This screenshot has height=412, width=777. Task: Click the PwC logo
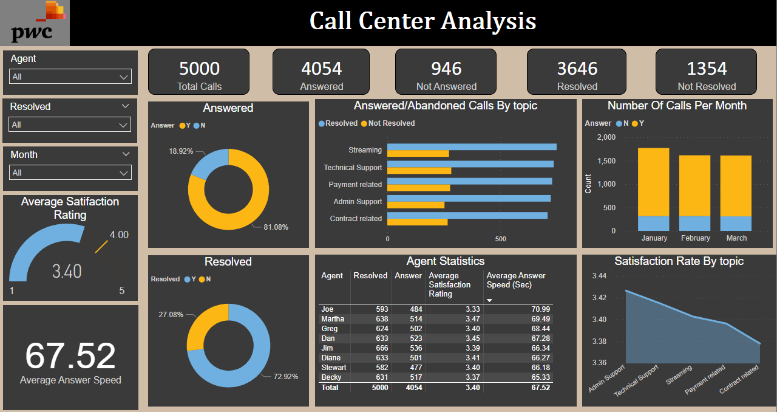coord(35,23)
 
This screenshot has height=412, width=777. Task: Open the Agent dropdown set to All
coord(70,77)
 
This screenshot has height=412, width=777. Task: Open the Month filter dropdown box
coord(70,173)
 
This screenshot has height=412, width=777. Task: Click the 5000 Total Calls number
coord(199,68)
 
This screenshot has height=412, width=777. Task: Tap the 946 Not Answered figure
coord(446,68)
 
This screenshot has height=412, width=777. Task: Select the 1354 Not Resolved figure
coord(707,68)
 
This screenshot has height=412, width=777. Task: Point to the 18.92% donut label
coord(181,151)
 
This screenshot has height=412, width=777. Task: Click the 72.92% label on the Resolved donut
coord(286,376)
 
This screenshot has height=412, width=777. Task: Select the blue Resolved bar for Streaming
coord(472,146)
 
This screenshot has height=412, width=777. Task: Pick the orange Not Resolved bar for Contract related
coord(418,222)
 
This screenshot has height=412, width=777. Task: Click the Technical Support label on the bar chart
coord(353,168)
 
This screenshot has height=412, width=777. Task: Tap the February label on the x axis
coord(695,238)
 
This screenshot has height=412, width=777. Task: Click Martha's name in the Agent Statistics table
coord(332,319)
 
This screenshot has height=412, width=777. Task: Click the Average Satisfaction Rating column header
coord(450,284)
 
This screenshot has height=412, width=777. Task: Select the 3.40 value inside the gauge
coord(67,270)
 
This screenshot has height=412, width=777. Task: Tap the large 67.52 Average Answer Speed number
coord(70,355)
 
